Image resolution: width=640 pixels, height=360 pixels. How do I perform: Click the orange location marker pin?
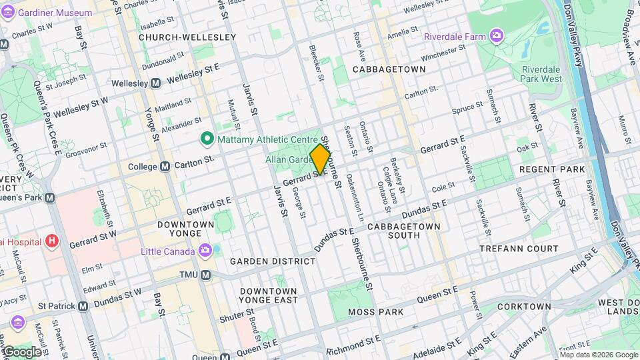(x=321, y=160)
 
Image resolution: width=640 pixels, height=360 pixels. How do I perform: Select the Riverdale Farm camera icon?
(x=497, y=35)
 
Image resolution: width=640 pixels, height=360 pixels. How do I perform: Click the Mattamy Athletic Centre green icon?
(x=207, y=139)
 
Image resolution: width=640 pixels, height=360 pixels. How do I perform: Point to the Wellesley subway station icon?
(x=155, y=83)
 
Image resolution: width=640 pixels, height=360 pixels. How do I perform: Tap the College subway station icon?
(x=165, y=166)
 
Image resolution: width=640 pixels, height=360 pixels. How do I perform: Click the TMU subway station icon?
(x=206, y=275)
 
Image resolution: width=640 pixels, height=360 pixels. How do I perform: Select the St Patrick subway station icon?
(x=83, y=306)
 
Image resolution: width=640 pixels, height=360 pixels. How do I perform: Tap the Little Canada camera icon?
(x=206, y=251)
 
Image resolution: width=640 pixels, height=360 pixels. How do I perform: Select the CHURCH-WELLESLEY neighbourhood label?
(x=187, y=37)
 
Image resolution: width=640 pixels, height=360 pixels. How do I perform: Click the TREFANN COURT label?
(x=519, y=249)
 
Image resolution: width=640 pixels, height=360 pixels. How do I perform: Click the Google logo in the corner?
(x=21, y=351)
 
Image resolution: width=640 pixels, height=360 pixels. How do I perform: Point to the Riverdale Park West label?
(x=542, y=74)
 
